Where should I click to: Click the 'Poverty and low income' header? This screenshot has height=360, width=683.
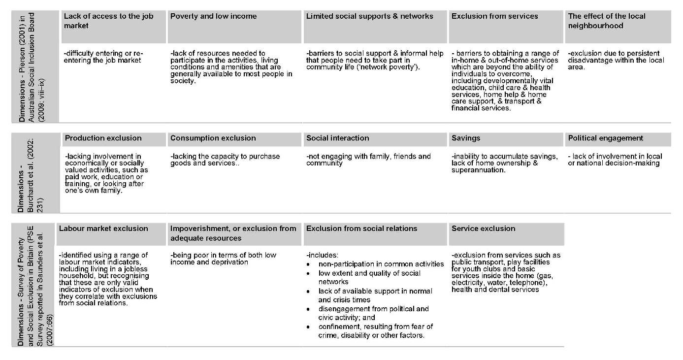click(213, 16)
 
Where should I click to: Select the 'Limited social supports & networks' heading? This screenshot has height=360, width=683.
click(369, 16)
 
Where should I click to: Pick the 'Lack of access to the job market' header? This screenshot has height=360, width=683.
click(108, 21)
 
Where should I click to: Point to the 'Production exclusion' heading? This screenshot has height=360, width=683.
click(103, 138)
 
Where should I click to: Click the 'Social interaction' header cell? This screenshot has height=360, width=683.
click(337, 138)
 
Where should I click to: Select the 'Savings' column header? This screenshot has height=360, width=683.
click(465, 138)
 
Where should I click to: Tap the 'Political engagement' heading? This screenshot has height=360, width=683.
click(605, 138)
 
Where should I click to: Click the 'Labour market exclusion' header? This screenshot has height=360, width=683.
click(103, 229)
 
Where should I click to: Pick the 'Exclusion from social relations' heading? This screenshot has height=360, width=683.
click(361, 229)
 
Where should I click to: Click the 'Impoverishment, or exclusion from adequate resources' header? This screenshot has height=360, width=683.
click(233, 233)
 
